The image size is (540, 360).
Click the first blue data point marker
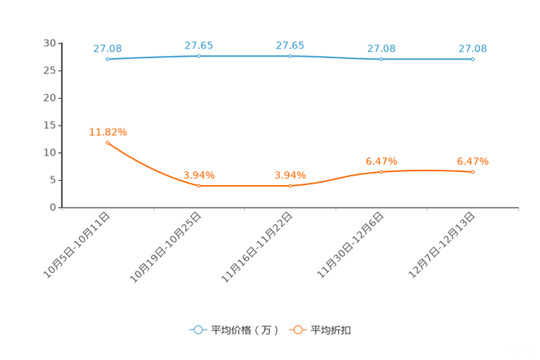107,59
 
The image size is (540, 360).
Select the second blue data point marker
199,56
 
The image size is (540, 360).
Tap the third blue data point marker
290,56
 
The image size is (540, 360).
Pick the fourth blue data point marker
381,59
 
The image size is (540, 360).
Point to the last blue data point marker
472,59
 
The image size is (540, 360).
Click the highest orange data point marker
107,143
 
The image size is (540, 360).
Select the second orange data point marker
199,186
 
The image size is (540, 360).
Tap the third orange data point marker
290,186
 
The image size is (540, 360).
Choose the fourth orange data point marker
381,171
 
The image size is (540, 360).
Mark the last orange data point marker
472,171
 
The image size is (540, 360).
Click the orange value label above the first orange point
107,132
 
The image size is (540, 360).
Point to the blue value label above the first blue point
107,49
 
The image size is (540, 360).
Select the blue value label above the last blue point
472,49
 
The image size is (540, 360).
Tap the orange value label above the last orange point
472,160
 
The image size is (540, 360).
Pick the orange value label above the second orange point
199,175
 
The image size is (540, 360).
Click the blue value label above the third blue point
290,45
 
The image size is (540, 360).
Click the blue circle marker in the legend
197,330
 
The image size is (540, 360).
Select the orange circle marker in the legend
298,330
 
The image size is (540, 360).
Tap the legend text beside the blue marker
245,330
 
